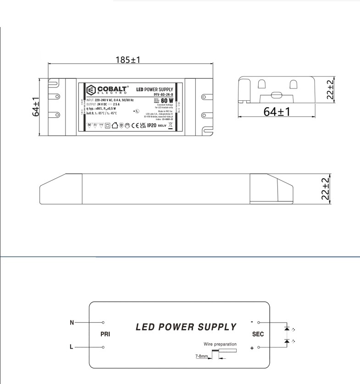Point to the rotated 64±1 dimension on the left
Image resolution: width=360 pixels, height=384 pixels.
36,107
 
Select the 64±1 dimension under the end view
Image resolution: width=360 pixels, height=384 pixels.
277,111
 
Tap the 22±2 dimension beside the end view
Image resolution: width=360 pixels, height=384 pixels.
330,90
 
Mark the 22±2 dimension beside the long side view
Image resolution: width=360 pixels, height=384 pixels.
326,188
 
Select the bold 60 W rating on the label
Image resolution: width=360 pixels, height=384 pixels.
167,100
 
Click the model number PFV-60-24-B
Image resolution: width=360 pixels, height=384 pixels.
163,94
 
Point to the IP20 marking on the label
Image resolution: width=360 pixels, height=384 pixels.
152,125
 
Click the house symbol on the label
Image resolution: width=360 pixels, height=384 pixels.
115,125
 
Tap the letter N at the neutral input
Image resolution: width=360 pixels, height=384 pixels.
72,323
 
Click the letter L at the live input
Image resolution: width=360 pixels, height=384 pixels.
71,347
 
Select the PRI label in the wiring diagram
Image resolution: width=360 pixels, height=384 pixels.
105,335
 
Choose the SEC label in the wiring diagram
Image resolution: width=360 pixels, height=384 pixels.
258,335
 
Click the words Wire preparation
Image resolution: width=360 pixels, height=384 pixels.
220,344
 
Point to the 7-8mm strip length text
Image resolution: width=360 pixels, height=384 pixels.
202,356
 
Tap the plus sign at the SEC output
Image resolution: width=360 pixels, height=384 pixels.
252,349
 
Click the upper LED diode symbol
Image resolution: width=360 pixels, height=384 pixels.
287,329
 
